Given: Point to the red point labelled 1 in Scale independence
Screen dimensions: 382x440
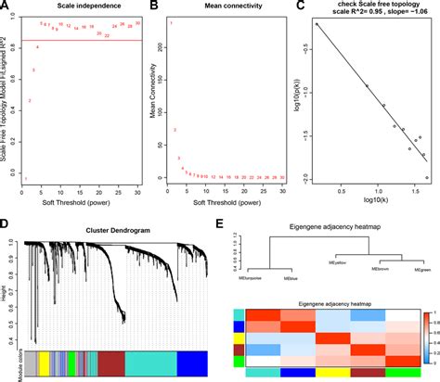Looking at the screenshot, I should click(26, 178).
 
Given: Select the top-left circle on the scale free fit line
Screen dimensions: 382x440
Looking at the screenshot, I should click(317, 25).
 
